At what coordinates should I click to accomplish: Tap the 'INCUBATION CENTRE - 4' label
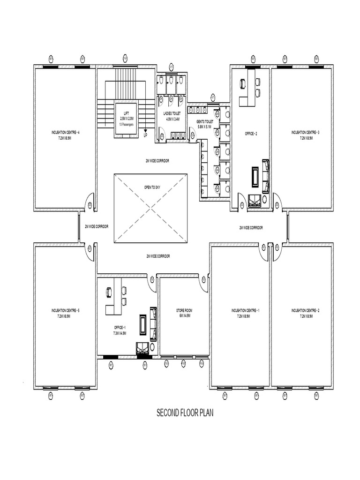[65, 133]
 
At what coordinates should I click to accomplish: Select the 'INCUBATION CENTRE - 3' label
[305, 133]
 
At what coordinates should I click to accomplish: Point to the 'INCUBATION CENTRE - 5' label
[65, 311]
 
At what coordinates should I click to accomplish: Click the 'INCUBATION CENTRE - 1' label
[245, 311]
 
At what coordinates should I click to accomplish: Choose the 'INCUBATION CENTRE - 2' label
[305, 311]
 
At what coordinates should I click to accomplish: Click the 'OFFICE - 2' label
[251, 134]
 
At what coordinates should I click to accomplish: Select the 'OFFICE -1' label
[119, 327]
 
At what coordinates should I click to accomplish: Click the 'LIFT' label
[126, 114]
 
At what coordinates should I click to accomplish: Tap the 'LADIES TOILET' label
[172, 114]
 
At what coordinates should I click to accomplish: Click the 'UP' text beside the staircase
[145, 135]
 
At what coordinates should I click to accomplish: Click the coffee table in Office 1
[142, 325]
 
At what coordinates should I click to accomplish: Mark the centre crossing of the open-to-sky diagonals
[150, 208]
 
